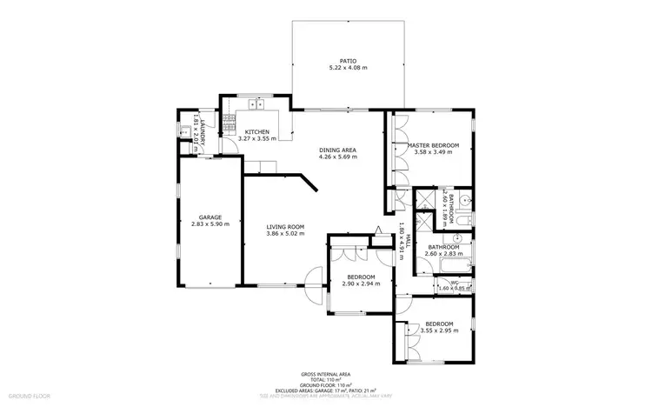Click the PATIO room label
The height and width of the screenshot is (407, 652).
337,61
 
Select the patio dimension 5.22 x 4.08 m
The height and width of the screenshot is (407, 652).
337,68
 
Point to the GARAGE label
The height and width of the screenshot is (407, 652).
210,217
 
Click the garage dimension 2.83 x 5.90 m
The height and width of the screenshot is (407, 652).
210,224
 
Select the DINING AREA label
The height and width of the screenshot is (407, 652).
337,150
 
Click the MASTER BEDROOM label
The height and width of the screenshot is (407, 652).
436,145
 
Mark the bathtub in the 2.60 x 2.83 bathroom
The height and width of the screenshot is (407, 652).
450,265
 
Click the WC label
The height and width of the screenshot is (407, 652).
454,282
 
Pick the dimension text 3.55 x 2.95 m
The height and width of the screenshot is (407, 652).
439,330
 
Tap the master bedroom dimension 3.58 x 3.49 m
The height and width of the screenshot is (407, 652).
436,152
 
